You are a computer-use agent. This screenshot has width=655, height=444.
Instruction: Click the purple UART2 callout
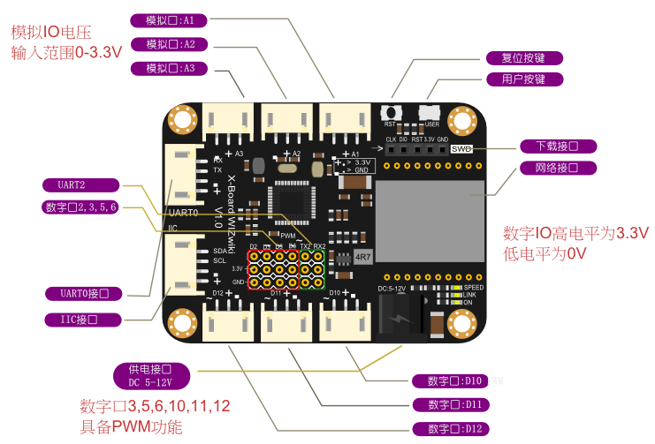[x=81, y=184]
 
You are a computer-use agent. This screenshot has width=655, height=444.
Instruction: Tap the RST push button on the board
[x=389, y=113]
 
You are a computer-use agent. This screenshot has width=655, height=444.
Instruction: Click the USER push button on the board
[x=430, y=113]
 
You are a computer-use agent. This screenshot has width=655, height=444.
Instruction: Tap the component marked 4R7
[x=363, y=257]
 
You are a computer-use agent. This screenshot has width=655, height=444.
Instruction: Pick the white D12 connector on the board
[x=227, y=320]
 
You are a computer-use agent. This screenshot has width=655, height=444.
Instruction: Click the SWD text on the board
[x=461, y=149]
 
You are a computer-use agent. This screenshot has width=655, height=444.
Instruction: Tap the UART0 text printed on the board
[x=183, y=213]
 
